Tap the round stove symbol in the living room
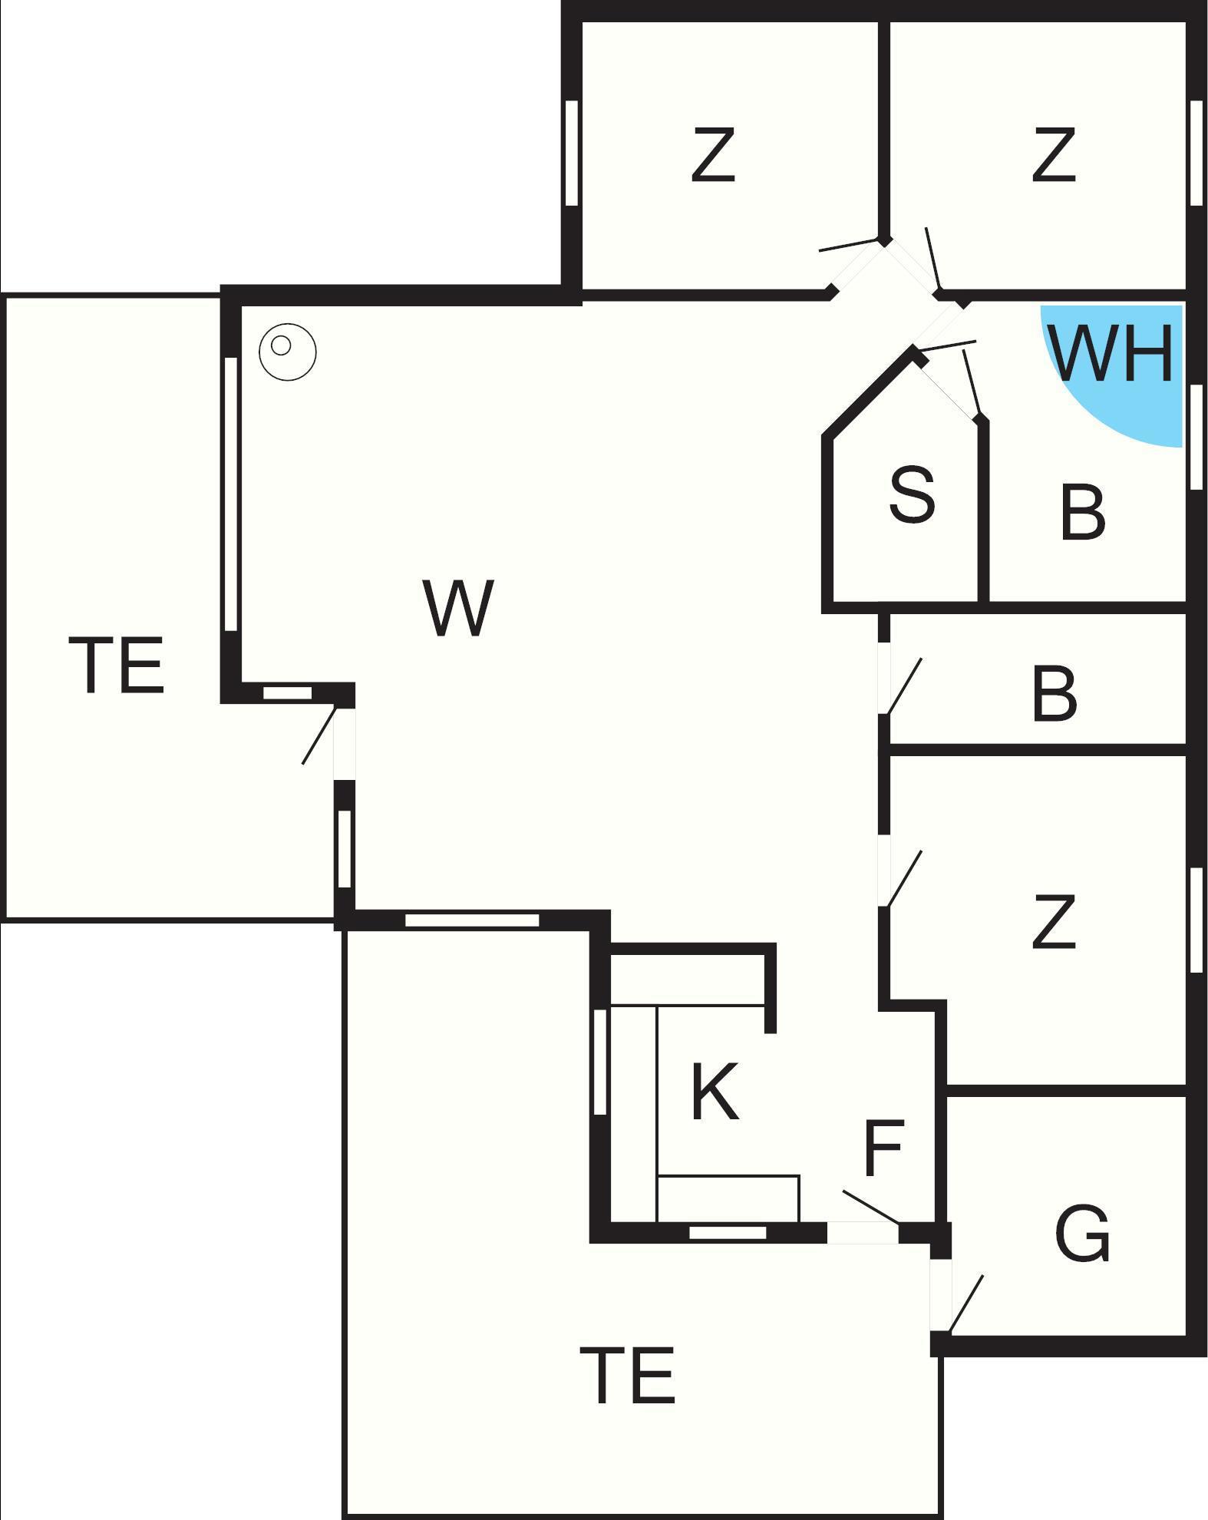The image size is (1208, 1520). point(288,352)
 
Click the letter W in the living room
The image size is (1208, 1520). point(458,608)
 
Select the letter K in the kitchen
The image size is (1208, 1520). point(715,1091)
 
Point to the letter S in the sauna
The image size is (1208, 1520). point(913,494)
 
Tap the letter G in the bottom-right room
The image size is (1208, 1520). point(1082,1234)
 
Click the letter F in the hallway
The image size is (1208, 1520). point(884,1148)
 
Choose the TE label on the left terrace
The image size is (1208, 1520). point(117,665)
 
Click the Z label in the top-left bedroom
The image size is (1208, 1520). point(714,155)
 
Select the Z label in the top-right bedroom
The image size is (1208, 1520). point(1053,155)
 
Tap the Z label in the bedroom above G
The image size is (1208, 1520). point(1053,921)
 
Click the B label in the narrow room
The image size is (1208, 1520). point(1055,694)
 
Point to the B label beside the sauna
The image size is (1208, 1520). point(1083,511)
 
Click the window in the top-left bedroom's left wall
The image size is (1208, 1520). point(571,153)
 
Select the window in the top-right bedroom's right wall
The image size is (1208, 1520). point(1196,153)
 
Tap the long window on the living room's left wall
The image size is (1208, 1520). point(230,494)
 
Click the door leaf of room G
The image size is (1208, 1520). point(966,1304)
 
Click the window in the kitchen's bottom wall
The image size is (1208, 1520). point(728,1233)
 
